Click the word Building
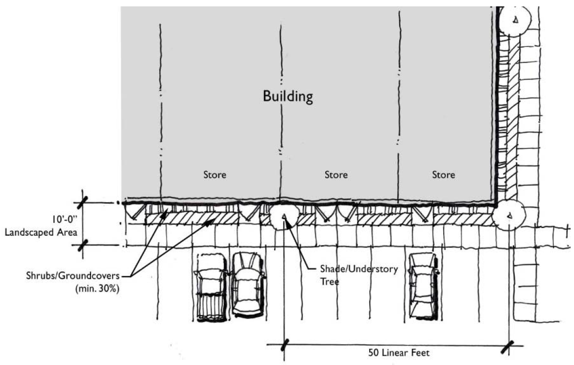tap(287, 96)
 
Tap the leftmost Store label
tap(215, 174)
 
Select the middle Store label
tap(336, 174)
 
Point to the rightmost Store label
tap(443, 174)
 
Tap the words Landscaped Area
tap(41, 232)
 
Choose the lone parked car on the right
tap(422, 285)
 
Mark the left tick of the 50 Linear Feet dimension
tap(284, 344)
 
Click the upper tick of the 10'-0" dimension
tap(83, 201)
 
